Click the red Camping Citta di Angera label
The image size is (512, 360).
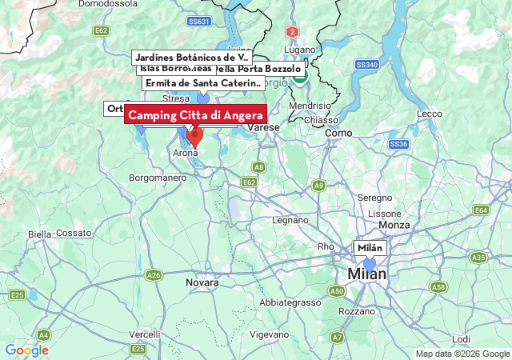click(x=195, y=116)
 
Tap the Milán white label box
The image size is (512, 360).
click(x=370, y=248)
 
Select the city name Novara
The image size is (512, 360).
click(x=202, y=283)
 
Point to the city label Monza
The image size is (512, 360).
click(x=394, y=226)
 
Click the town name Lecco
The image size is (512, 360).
click(x=430, y=114)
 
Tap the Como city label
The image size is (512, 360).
click(x=338, y=133)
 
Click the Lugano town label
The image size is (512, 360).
click(x=300, y=50)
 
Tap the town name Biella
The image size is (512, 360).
click(x=39, y=234)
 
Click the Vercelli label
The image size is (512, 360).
click(x=145, y=334)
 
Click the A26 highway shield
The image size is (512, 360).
click(x=154, y=275)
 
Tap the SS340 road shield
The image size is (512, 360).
click(x=366, y=64)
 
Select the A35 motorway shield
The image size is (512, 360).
click(x=478, y=258)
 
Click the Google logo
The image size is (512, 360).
click(x=26, y=350)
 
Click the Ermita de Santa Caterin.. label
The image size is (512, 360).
click(x=202, y=83)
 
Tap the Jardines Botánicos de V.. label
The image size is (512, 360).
click(x=192, y=58)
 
